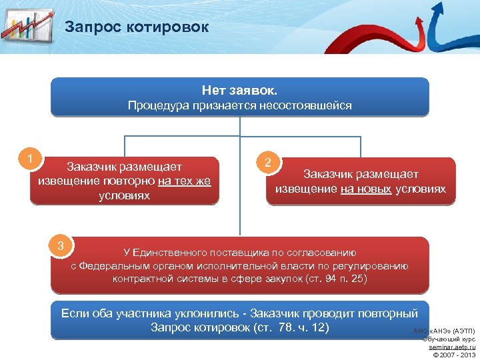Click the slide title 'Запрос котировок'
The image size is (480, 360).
137,27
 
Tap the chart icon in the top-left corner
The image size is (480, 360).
27,27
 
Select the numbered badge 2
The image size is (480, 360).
267,162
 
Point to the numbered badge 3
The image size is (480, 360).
60,246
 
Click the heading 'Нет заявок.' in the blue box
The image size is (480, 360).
239,89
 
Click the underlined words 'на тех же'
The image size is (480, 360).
184,181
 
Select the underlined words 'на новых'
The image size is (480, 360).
366,189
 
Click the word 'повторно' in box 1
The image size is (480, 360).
134,181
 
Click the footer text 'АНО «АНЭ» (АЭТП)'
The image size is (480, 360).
444,331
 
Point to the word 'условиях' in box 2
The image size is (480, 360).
420,189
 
